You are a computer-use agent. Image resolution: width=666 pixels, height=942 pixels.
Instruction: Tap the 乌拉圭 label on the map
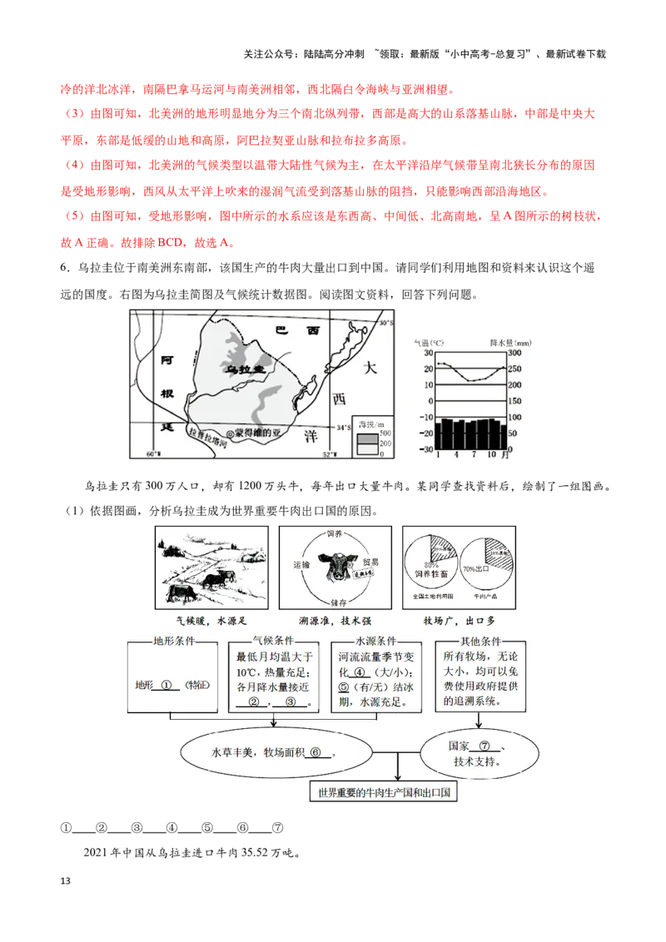(x=246, y=367)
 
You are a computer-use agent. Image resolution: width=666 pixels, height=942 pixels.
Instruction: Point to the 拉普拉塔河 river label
(x=207, y=434)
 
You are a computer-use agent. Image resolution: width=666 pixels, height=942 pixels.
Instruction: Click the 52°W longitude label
(x=331, y=455)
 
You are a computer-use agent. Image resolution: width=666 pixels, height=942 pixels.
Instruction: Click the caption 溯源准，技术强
(x=336, y=621)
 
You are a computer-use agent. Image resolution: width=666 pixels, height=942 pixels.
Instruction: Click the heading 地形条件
(x=173, y=642)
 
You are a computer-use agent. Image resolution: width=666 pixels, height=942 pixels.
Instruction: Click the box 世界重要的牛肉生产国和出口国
(x=384, y=793)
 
